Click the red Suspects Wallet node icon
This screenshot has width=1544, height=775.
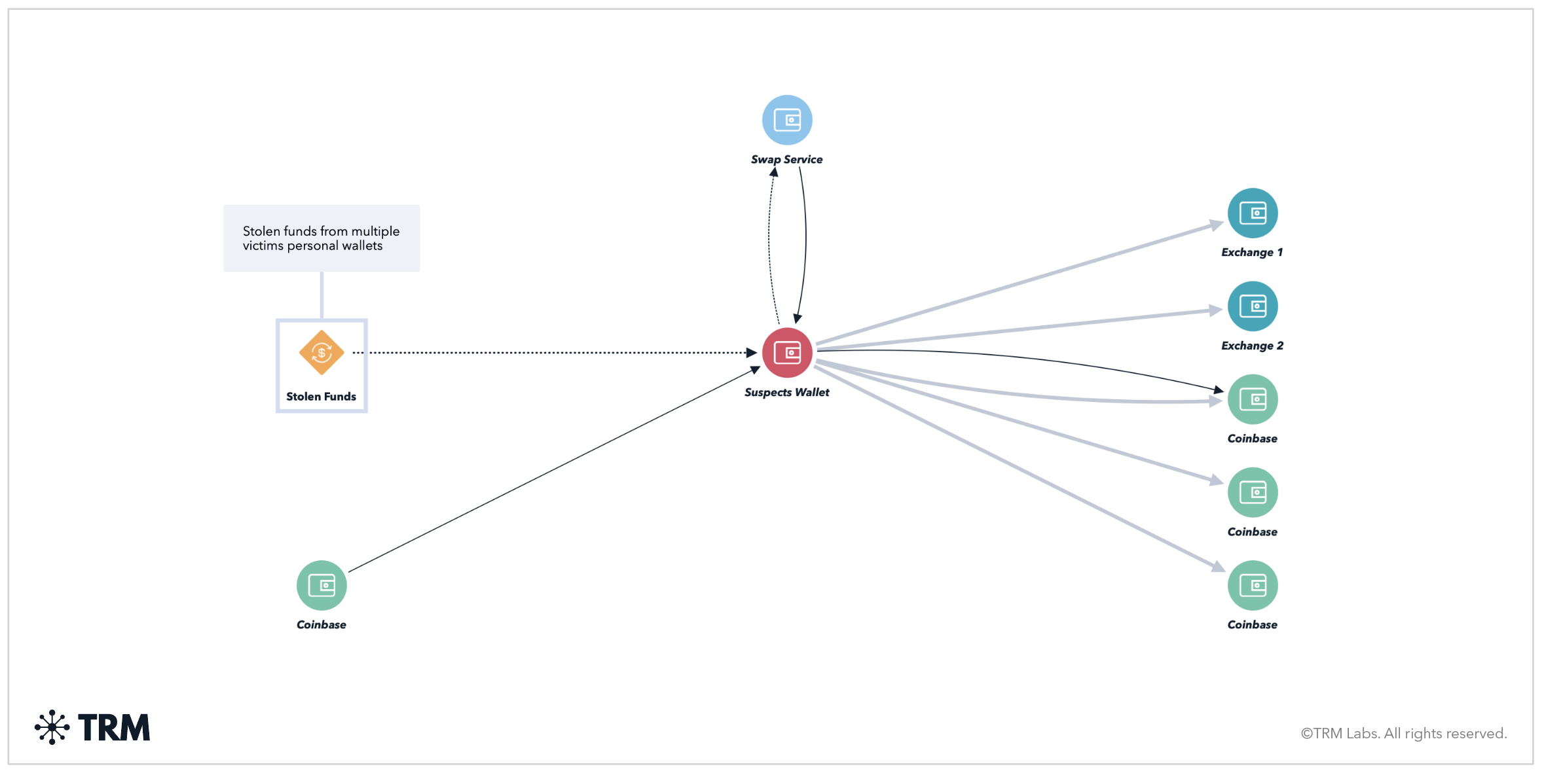787,353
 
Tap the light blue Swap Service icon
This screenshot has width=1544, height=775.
787,120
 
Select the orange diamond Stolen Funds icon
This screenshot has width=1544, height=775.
322,353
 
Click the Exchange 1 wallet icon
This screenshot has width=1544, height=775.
1253,213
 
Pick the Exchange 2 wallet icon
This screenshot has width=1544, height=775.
1253,306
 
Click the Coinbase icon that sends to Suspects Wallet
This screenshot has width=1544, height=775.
322,585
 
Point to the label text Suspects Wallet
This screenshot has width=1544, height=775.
786,392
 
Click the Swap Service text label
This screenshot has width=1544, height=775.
786,159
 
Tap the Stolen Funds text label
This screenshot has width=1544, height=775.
321,397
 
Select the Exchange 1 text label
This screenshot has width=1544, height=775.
1252,253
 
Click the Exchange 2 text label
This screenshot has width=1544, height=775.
1252,346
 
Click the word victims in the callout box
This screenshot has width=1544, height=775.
263,246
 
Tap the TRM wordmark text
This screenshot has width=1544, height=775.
114,728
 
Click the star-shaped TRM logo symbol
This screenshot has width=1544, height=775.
52,727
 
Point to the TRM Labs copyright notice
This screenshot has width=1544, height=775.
1403,734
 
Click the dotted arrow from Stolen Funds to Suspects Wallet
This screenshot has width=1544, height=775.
557,353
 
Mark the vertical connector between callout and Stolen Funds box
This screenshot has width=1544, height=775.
322,295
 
